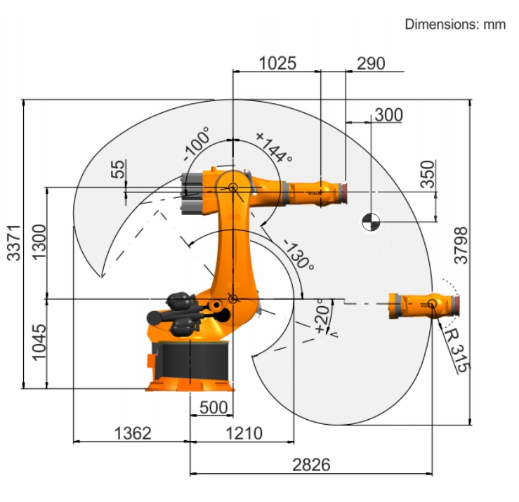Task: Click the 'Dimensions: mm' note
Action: pos(455,24)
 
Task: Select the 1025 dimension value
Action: pos(277,63)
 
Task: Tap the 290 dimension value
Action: pos(371,63)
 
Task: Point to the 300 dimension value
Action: pos(388,115)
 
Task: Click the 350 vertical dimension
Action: pos(428,174)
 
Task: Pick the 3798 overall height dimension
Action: pos(461,245)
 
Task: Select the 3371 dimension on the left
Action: pos(14,243)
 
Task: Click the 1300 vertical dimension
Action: pos(39,242)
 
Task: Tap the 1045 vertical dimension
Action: pos(39,342)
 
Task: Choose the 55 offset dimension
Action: pos(118,169)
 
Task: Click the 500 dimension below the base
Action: pos(213,407)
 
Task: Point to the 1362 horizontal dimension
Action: pos(133,433)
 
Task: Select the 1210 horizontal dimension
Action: pos(244,433)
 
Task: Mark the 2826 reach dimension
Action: pos(311,465)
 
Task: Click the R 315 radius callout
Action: pos(456,352)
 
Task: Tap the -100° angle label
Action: pos(197,144)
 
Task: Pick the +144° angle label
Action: pos(274,147)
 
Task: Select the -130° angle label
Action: pos(298,254)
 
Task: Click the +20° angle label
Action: pos(322,316)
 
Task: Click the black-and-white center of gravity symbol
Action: pos(371,222)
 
